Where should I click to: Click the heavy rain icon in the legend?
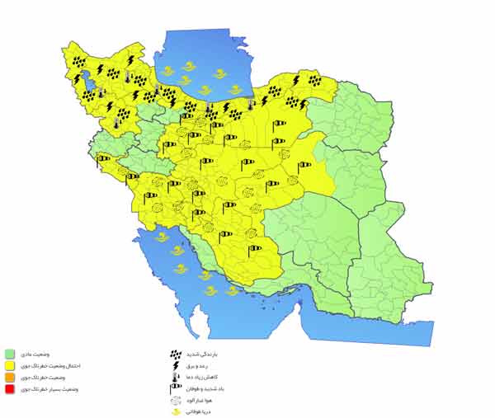coord(175,353)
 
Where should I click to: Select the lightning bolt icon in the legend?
coord(175,364)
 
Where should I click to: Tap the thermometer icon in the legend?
coord(175,376)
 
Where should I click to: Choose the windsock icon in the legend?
coord(175,387)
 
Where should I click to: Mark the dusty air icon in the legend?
coord(175,398)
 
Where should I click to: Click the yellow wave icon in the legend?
coord(175,409)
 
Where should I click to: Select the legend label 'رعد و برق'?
coord(198,364)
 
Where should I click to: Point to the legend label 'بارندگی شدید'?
coord(201,353)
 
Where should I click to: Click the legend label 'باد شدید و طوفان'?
coord(205,387)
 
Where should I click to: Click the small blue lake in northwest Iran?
coord(81,80)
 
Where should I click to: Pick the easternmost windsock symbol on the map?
coord(304,164)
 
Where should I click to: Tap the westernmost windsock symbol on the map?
coord(102,158)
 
